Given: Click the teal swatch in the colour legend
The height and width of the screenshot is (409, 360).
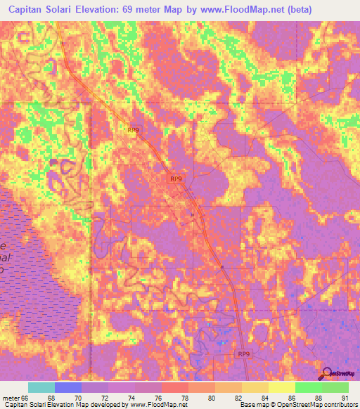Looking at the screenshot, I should point(41,388).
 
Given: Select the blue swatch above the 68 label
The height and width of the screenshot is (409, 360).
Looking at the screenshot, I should point(67,388).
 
